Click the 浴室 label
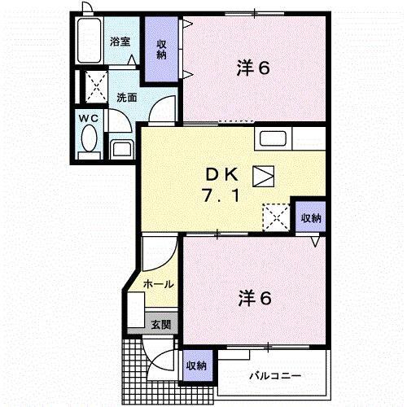(x=120, y=41)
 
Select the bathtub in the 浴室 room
(x=88, y=41)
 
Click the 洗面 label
(x=126, y=98)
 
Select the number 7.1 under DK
(x=221, y=196)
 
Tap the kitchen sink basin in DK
(x=273, y=139)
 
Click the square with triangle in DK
(x=264, y=175)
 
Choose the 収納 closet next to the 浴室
(x=161, y=50)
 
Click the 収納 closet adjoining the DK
(x=310, y=217)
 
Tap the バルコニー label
(x=274, y=377)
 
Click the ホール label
(x=157, y=284)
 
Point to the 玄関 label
(x=160, y=323)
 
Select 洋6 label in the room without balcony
(x=252, y=68)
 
